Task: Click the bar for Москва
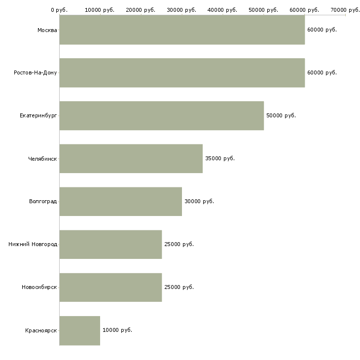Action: click(182, 30)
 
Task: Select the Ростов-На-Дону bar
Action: click(182, 73)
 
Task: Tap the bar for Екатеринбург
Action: click(162, 116)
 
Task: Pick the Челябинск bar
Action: click(131, 159)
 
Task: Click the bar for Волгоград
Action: click(121, 202)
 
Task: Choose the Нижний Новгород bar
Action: click(110, 245)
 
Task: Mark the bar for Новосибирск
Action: click(110, 288)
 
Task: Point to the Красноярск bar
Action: click(80, 330)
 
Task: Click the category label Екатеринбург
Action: click(38, 116)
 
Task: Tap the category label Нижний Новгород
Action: click(33, 244)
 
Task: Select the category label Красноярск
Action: click(41, 330)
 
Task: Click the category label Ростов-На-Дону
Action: click(36, 73)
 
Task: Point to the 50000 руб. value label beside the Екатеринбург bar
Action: click(281, 115)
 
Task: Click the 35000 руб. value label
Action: click(220, 158)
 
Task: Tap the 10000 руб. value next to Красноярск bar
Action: click(117, 330)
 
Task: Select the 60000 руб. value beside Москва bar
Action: click(322, 30)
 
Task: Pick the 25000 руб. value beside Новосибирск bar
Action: click(179, 287)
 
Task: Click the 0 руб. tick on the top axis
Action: click(59, 10)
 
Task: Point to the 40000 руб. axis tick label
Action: click(222, 10)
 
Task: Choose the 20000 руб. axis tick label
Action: click(141, 10)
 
